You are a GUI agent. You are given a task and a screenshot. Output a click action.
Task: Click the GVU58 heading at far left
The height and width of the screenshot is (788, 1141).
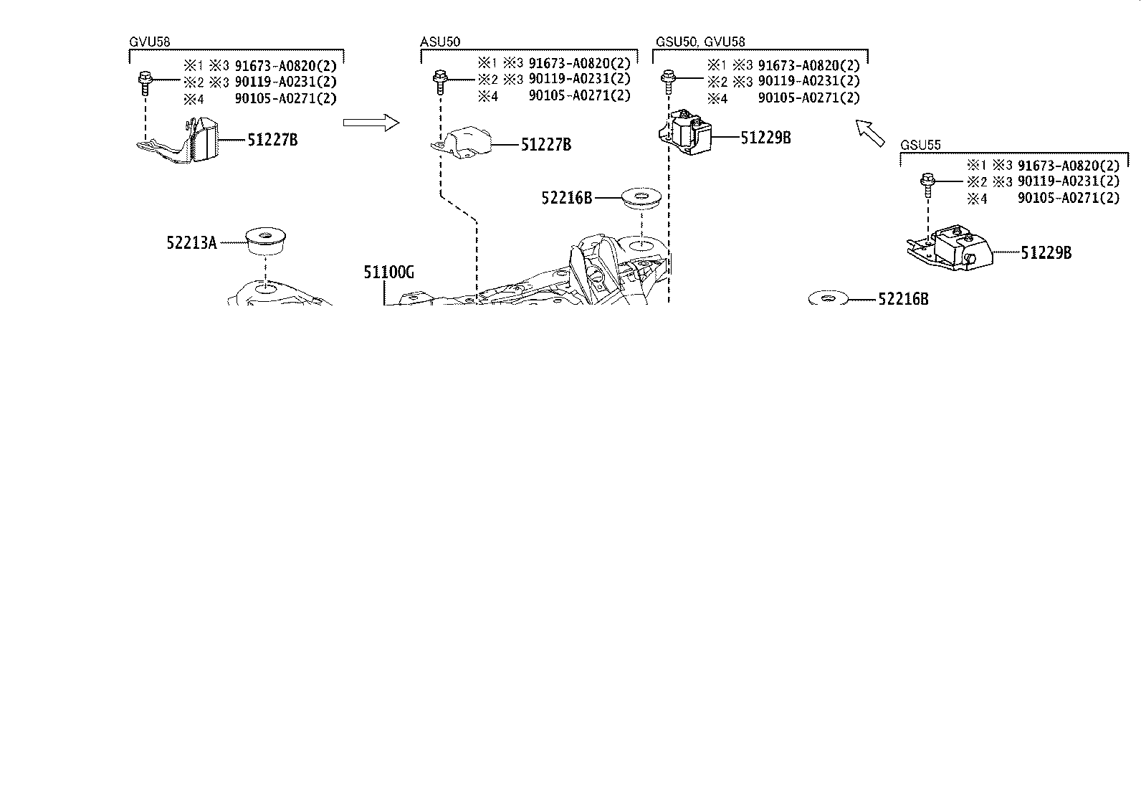[149, 42]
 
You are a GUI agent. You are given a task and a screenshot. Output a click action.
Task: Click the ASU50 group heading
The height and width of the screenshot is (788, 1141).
[439, 42]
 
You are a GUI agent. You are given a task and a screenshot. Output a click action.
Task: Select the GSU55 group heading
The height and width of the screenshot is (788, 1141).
[920, 145]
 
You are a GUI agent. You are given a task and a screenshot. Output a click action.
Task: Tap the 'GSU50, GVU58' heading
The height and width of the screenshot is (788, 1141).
[700, 42]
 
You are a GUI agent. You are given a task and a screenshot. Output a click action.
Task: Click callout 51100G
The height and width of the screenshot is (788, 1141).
[388, 272]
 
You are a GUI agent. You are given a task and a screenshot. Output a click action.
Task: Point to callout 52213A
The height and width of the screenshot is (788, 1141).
[191, 243]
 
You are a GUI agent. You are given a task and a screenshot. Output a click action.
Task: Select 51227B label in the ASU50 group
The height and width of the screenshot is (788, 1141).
[545, 145]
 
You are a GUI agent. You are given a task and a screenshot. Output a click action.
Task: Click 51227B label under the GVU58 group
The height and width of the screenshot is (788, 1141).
[272, 140]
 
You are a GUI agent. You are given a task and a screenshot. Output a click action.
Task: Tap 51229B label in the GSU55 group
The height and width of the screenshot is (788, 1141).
[1046, 252]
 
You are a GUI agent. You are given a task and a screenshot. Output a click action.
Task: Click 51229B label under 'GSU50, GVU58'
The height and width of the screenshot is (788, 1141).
[765, 138]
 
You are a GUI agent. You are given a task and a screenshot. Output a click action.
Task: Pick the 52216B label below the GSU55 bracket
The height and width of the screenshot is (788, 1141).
[903, 300]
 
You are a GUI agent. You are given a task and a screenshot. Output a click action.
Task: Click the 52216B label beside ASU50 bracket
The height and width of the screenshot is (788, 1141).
[567, 198]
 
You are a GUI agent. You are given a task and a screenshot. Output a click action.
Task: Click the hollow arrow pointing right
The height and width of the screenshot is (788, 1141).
[370, 123]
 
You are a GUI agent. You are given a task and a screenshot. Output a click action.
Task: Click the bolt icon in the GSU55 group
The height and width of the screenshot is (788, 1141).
[927, 184]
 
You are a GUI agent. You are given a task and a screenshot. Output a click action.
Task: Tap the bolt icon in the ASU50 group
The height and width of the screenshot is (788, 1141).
[439, 81]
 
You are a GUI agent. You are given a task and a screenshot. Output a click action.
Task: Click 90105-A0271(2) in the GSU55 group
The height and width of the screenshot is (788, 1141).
[1068, 198]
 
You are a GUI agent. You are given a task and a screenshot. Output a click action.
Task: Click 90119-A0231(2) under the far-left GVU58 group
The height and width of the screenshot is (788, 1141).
[285, 82]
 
